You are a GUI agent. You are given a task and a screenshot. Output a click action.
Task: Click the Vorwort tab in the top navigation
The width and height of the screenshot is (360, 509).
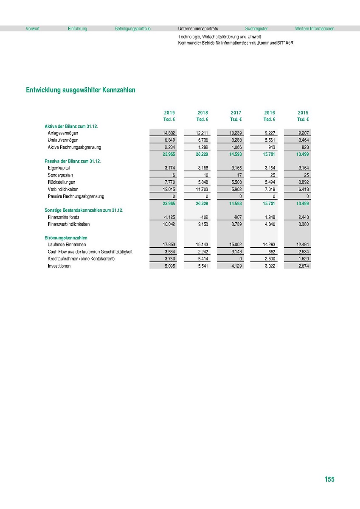(33, 29)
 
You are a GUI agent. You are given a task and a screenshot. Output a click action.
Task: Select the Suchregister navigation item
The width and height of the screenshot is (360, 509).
(256, 29)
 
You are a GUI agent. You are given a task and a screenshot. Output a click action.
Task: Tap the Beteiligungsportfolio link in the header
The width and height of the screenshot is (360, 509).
(132, 29)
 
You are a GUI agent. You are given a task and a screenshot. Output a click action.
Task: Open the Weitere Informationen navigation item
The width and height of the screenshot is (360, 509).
(315, 29)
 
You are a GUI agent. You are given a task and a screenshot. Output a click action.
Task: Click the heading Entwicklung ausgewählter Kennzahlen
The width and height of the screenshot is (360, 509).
(81, 90)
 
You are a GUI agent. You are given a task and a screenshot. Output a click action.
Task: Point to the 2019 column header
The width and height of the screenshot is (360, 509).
(169, 113)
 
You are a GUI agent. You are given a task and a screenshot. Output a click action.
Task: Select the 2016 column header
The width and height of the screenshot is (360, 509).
(270, 113)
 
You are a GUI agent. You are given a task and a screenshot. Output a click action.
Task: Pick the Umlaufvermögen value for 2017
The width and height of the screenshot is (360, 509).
(236, 140)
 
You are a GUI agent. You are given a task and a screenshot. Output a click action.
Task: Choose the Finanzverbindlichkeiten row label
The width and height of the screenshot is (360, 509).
(69, 224)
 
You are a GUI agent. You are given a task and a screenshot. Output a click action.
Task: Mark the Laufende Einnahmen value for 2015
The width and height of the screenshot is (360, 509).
(302, 245)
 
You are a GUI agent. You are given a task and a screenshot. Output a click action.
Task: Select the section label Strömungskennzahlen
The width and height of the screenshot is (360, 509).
(63, 238)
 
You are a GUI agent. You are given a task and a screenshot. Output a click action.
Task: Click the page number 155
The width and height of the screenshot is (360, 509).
(329, 479)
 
